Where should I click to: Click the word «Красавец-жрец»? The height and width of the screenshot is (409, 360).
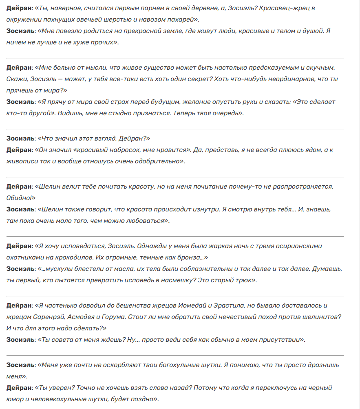point(292,8)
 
